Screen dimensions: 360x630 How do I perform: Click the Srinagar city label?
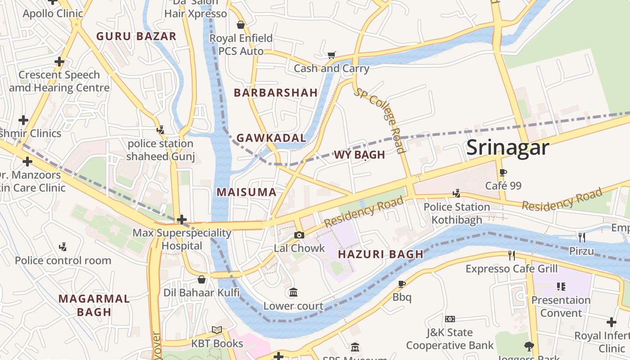coord(508,148)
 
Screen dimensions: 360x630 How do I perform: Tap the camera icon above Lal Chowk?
coord(299,235)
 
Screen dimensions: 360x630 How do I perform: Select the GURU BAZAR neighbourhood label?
coord(136,36)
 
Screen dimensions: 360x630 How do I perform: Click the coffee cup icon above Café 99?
coord(503,172)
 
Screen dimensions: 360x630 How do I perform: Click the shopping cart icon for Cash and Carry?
coord(331,55)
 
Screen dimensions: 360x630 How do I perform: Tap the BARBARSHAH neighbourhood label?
coord(276,93)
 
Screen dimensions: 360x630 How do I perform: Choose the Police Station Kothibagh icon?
coord(456,193)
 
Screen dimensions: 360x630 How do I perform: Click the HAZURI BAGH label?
coord(381,254)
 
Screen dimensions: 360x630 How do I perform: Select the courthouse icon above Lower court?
coord(293,292)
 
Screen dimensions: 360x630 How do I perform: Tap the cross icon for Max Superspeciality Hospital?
coord(182,220)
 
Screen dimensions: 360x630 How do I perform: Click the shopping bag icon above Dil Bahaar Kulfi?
coord(202,279)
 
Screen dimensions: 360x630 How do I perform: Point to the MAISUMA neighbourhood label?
coord(246,192)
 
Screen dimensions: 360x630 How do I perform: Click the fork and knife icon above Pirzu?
coord(581,237)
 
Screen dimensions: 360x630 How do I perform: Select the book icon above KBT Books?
coord(217,330)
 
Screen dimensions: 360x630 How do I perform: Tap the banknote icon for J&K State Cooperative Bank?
coord(450,319)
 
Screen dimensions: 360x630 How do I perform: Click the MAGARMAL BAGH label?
coord(94,305)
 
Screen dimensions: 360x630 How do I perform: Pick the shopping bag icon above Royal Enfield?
coord(241,25)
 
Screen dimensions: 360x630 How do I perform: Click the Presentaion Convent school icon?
coord(561,286)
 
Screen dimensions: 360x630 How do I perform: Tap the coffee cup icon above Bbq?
coord(402,284)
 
